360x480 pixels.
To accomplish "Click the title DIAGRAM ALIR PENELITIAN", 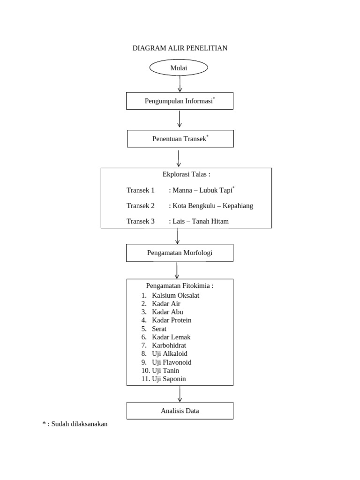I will click(x=180, y=48).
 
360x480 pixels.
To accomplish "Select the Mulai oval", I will click(x=179, y=68).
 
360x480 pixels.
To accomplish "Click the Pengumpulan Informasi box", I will click(x=180, y=101).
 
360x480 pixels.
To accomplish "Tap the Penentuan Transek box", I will click(x=180, y=139).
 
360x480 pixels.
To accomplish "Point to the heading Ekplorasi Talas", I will click(x=186, y=174).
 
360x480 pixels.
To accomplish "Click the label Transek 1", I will click(x=140, y=190).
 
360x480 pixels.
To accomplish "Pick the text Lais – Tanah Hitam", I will click(x=201, y=221).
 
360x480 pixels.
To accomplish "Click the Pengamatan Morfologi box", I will click(x=180, y=253).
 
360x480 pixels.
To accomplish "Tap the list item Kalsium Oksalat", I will click(x=175, y=295).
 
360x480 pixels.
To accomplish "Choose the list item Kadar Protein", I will click(x=172, y=320).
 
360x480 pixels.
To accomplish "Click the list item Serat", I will click(x=159, y=329).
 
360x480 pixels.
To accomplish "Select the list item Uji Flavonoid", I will click(x=172, y=362).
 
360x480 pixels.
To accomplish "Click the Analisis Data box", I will click(x=180, y=411).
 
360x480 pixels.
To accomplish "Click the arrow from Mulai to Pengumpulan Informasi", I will click(x=180, y=83).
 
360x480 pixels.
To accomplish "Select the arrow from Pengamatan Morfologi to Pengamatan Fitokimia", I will click(x=177, y=270).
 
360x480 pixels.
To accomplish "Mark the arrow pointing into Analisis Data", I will click(x=180, y=394).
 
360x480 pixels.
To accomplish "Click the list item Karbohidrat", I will click(x=169, y=345).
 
